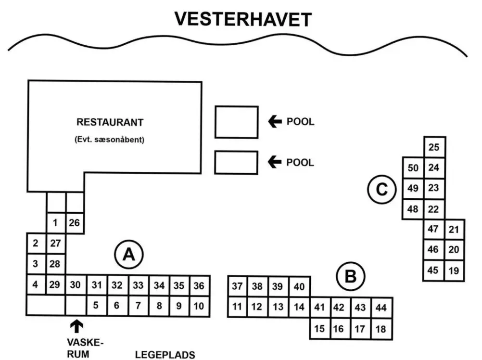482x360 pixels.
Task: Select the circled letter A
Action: pyautogui.click(x=127, y=255)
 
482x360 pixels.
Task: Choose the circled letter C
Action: pyautogui.click(x=381, y=190)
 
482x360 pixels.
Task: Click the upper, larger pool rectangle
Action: pyautogui.click(x=236, y=122)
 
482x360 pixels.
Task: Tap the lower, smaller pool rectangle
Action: pyautogui.click(x=236, y=162)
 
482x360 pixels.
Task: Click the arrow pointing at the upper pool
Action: pyautogui.click(x=275, y=122)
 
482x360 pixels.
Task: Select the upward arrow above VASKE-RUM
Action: pyautogui.click(x=76, y=327)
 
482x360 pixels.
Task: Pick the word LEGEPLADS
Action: pyautogui.click(x=165, y=355)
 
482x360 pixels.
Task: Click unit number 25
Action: pyautogui.click(x=434, y=147)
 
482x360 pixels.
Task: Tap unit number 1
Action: pyautogui.click(x=55, y=222)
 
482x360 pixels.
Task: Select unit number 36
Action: pyautogui.click(x=199, y=286)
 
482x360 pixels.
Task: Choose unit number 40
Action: pyautogui.click(x=299, y=287)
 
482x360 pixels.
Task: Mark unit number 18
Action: pyautogui.click(x=381, y=330)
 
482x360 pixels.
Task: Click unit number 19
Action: pyautogui.click(x=454, y=270)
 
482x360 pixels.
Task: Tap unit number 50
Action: pyautogui.click(x=413, y=168)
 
